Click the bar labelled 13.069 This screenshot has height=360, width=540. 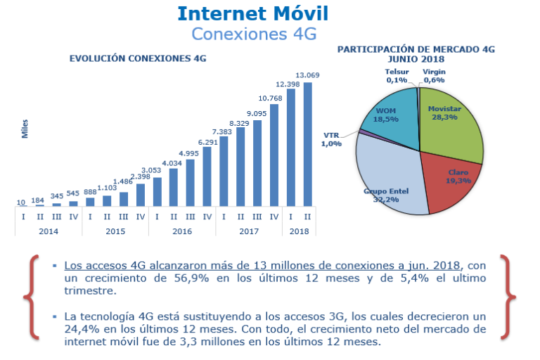click(307, 144)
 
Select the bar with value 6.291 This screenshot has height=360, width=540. click(207, 176)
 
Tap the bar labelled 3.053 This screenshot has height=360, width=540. click(157, 192)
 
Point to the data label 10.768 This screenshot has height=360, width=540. click(270, 98)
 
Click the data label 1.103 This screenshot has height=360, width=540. click(107, 188)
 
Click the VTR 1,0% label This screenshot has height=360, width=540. click(331, 139)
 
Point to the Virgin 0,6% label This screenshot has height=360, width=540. click(434, 76)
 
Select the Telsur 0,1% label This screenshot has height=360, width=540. click(397, 76)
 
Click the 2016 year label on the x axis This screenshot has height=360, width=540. click(182, 231)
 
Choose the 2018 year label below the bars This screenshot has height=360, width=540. click(299, 231)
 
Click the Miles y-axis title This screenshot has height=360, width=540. click(25, 129)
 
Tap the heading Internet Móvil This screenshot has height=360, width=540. click(253, 14)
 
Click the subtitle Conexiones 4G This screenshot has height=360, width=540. click(254, 34)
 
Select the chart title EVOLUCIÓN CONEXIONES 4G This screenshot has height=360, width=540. click(138, 58)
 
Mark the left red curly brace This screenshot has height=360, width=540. click(32, 297)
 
